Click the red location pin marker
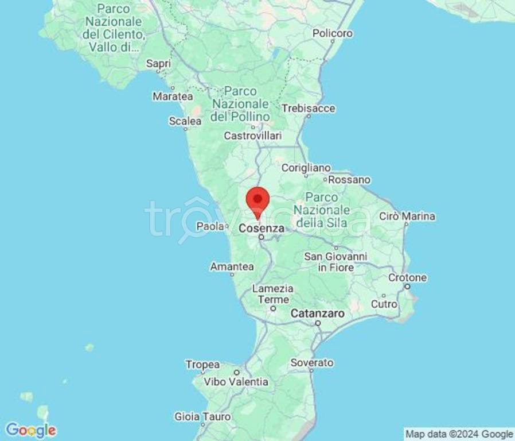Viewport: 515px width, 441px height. (257, 200)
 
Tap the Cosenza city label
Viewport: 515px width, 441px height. (262, 228)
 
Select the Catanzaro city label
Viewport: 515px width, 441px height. (318, 314)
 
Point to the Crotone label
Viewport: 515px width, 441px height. (407, 278)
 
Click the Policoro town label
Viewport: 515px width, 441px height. (332, 34)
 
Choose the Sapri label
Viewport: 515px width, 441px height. (158, 64)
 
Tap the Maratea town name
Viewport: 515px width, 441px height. (172, 96)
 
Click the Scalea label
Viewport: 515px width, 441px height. (185, 121)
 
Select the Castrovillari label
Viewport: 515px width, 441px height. (252, 136)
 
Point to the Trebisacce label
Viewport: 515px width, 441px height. (308, 109)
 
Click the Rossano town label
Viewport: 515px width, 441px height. (349, 180)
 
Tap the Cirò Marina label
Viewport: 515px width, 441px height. (407, 216)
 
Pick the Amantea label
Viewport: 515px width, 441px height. (232, 267)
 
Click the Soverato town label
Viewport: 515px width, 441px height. (311, 363)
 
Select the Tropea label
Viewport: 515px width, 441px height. (202, 365)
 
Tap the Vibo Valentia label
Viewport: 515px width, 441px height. (237, 381)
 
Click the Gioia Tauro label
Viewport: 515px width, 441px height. (202, 417)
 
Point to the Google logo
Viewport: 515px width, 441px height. (30, 430)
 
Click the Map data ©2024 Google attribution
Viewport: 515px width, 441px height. (459, 434)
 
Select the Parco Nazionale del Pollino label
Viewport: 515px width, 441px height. (240, 104)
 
